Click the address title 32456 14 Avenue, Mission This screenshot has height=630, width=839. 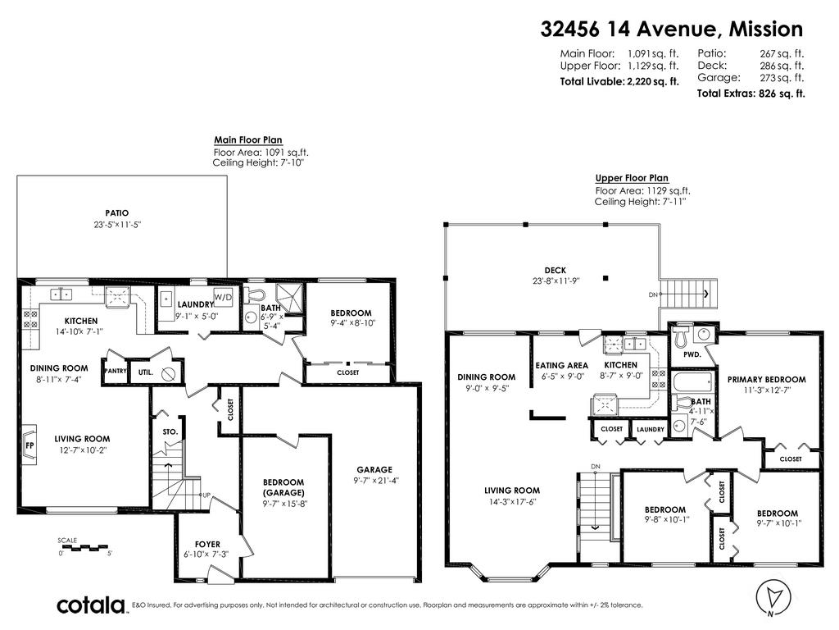point(672,30)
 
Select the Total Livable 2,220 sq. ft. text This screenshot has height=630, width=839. point(619,81)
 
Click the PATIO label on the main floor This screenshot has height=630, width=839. point(116,213)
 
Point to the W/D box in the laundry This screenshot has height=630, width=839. point(223,295)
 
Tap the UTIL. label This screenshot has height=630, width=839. point(147,372)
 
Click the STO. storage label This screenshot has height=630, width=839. point(170,431)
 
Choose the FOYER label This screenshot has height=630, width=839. point(207,545)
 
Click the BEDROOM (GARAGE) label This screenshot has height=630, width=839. point(283,487)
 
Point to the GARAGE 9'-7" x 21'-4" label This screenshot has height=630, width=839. point(374,475)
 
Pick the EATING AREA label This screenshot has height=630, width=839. point(561,365)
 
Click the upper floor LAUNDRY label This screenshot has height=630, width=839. point(650,429)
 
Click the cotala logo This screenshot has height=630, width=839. point(90,605)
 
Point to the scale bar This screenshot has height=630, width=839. point(85,546)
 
